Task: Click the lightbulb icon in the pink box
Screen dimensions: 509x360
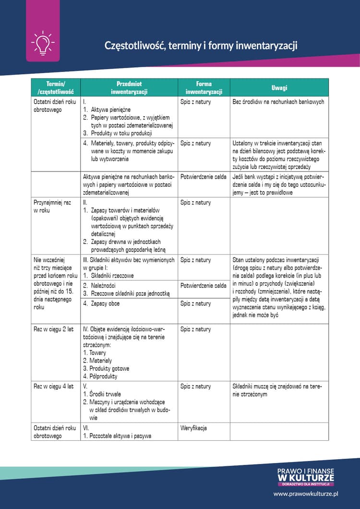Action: (x=42, y=43)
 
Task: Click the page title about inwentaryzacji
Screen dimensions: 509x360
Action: (x=201, y=46)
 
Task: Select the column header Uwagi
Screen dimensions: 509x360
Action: (x=279, y=88)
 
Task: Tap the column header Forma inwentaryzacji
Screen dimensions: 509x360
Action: (x=204, y=87)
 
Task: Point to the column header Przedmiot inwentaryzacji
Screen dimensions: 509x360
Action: (x=129, y=87)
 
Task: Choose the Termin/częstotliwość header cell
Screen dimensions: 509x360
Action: (x=55, y=87)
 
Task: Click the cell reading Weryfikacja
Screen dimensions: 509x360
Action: (x=193, y=428)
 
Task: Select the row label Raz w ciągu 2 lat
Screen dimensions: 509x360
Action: (x=54, y=329)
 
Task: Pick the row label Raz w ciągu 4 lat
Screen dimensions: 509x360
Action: (x=54, y=387)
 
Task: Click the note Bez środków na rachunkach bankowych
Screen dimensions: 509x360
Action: (x=278, y=102)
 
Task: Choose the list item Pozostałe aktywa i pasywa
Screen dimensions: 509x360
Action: (x=120, y=436)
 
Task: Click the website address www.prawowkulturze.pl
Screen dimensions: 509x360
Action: (x=306, y=493)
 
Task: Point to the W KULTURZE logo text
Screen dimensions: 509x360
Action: (x=306, y=477)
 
